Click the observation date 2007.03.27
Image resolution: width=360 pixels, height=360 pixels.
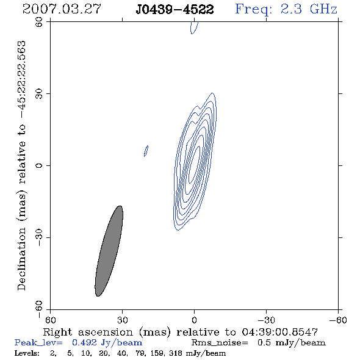(62, 9)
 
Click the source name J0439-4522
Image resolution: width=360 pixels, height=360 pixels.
(175, 10)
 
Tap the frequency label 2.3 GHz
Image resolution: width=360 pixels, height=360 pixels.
(309, 9)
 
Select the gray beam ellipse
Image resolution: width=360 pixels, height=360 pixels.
(109, 251)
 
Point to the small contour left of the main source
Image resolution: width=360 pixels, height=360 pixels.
(146, 151)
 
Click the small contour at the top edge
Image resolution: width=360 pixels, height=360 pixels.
(194, 27)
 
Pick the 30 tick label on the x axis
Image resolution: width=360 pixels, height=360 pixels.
(122, 320)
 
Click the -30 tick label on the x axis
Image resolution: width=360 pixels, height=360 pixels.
(266, 320)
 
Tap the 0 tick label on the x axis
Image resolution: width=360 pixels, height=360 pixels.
(194, 320)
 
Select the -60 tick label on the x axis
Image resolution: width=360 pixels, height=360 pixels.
(338, 320)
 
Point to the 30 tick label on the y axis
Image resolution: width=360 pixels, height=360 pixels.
(39, 94)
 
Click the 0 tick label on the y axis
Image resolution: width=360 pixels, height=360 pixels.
(39, 165)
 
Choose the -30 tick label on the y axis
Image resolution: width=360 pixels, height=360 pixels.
(39, 237)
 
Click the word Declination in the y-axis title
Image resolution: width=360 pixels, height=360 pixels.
(21, 259)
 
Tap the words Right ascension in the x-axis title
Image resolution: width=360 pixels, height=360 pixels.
(88, 332)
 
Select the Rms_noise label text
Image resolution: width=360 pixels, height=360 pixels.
(220, 343)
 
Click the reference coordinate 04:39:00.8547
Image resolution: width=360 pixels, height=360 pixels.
(280, 332)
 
